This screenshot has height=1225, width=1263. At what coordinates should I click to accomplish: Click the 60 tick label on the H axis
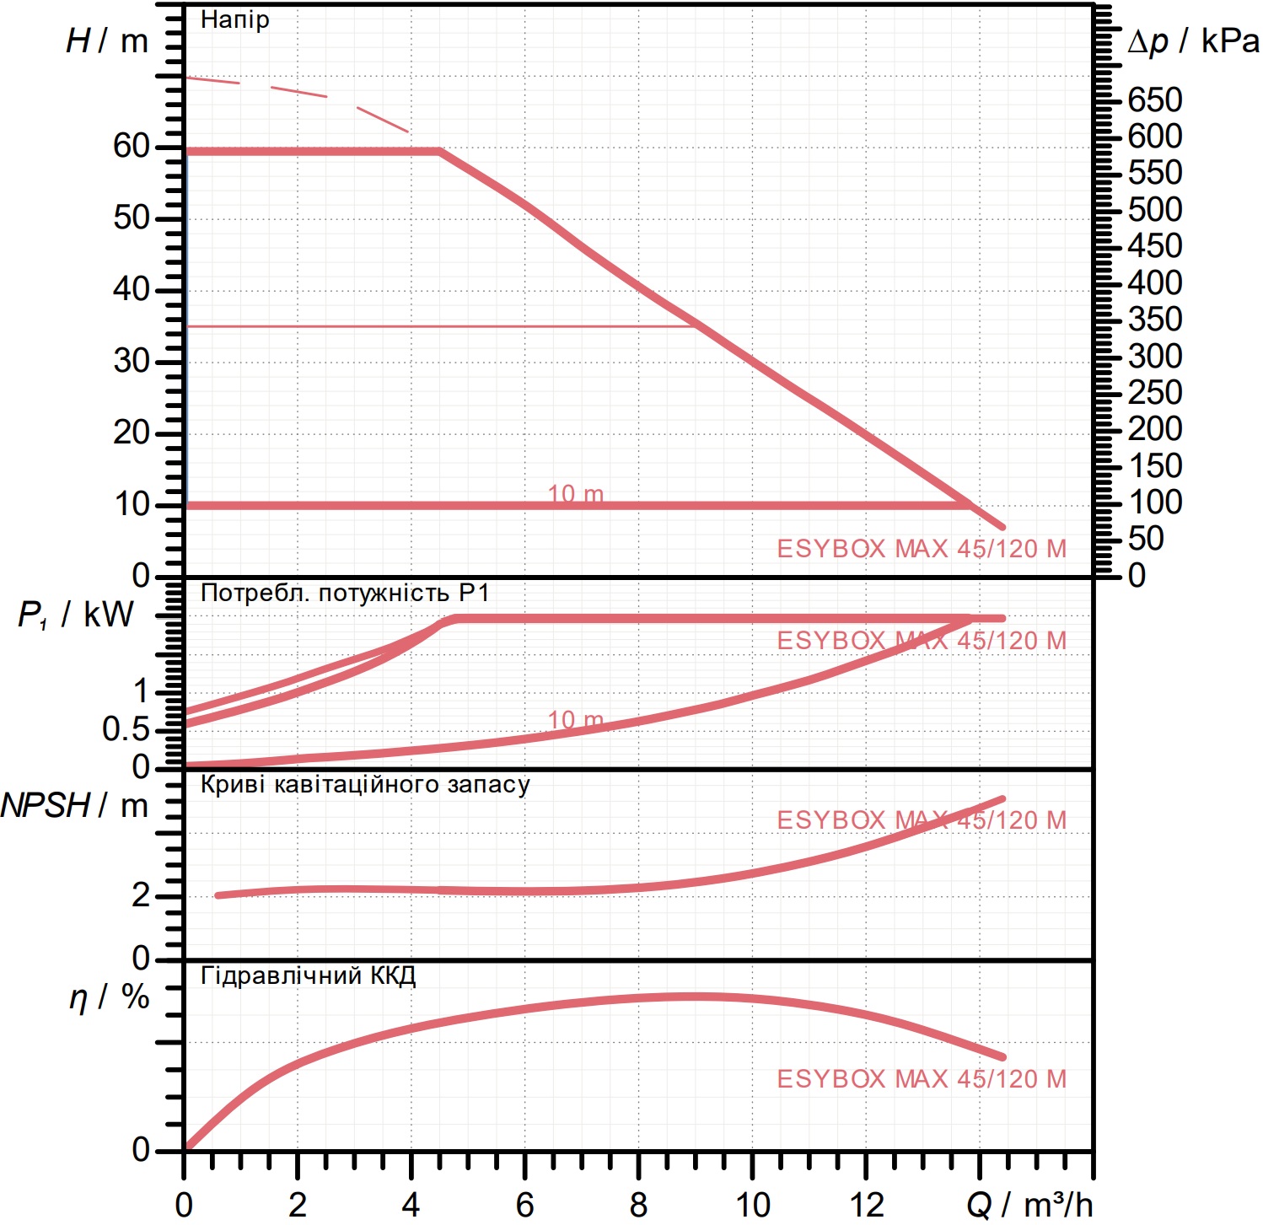coord(132,146)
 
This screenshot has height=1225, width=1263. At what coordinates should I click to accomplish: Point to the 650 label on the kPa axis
coord(1155,99)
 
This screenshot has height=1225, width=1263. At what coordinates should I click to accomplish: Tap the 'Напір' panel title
coord(235,19)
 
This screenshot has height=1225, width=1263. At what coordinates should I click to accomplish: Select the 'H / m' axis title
coord(107,40)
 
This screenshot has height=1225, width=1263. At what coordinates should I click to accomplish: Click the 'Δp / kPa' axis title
coord(1194,40)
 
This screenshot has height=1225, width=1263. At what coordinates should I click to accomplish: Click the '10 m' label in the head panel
coord(576,493)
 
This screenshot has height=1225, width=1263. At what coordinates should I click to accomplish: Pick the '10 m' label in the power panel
coord(576,720)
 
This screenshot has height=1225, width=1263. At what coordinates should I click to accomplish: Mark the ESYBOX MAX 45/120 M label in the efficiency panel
coord(922,1078)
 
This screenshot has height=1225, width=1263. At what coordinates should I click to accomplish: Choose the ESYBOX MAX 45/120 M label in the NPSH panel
coord(922,819)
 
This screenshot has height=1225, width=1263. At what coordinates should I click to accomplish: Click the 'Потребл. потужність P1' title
coord(345,593)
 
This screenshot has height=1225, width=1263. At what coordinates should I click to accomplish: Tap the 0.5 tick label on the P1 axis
coord(126,729)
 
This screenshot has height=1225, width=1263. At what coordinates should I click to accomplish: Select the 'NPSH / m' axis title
coord(75,806)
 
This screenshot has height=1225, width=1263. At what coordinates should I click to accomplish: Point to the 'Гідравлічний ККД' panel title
coord(309,976)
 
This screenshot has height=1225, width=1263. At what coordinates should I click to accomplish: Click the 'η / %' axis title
coord(109,997)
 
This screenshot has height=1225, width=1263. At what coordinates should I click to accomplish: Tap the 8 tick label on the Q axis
coord(638,1205)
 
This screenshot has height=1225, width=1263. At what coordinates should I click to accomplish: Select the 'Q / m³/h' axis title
coord(1029,1205)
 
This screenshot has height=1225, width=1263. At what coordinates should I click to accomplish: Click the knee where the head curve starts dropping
coord(440,152)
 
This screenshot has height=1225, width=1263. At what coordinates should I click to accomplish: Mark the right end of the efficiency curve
coord(1002,1056)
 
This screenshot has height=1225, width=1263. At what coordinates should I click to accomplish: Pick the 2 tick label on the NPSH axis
coord(141,895)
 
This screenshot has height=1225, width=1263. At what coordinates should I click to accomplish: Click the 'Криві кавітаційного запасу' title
coord(365,785)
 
